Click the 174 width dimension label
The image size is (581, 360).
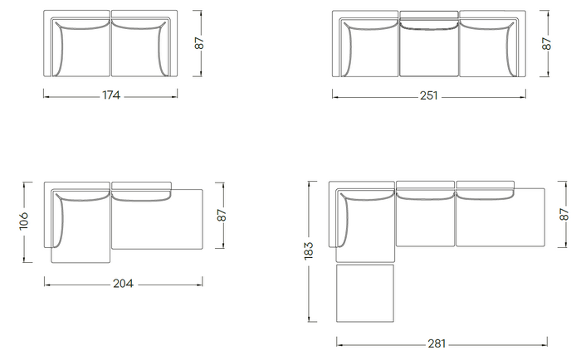(x=111, y=95)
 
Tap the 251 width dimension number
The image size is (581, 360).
(x=429, y=96)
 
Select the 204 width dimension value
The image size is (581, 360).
(x=123, y=284)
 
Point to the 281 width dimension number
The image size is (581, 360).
(x=437, y=343)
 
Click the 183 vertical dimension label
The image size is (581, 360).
(x=309, y=251)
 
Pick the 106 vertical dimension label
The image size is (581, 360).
(x=24, y=221)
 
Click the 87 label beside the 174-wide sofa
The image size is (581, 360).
(x=199, y=43)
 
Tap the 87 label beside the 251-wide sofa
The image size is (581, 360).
(x=547, y=44)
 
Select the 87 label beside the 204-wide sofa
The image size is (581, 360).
(x=222, y=215)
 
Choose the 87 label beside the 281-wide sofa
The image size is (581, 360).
(x=564, y=215)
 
